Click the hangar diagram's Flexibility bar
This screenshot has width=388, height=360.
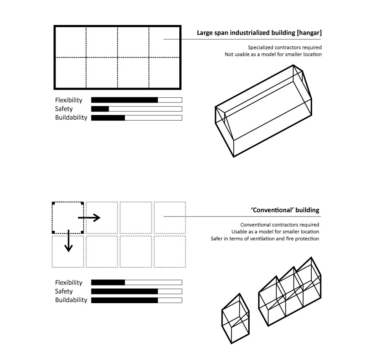[x=137, y=100]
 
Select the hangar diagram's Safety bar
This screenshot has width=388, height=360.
[x=137, y=109]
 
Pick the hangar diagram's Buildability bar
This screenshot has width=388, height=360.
[x=137, y=118]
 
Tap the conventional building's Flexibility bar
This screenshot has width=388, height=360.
[x=137, y=282]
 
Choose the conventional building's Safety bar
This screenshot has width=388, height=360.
[x=137, y=291]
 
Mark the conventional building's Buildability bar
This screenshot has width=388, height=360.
[x=137, y=300]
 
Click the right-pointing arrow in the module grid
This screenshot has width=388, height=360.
[x=89, y=217]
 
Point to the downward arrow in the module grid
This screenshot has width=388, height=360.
[x=69, y=241]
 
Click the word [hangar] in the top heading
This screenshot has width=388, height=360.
[x=309, y=33]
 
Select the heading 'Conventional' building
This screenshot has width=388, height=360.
[x=285, y=210]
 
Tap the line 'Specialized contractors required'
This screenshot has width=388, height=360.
[x=285, y=47]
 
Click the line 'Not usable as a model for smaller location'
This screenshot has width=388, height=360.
[x=273, y=54]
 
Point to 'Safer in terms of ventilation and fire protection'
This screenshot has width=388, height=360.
[x=265, y=239]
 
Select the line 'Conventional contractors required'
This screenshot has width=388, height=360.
[x=280, y=225]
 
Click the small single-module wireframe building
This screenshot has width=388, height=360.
[x=235, y=319]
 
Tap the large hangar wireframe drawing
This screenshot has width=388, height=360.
[x=263, y=111]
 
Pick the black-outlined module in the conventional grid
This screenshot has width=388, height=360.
[x=68, y=202]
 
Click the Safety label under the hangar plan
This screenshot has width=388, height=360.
[x=64, y=109]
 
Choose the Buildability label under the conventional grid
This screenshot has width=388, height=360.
[x=71, y=300]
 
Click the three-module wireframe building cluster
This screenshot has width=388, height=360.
[x=290, y=292]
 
